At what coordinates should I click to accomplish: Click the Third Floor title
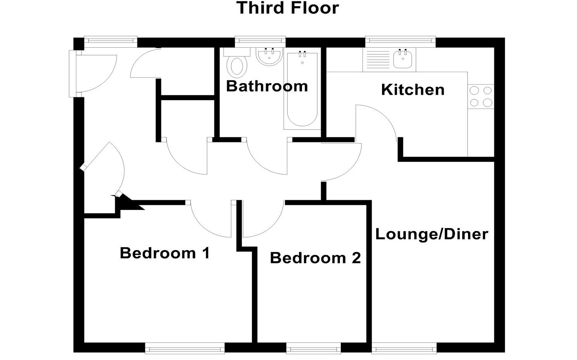click(x=288, y=8)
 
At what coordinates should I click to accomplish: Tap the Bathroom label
click(x=267, y=86)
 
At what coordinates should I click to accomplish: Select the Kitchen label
click(x=413, y=90)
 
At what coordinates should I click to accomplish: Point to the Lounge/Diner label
click(x=432, y=234)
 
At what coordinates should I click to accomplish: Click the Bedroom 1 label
click(x=165, y=253)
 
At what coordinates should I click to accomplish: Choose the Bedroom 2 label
click(x=315, y=258)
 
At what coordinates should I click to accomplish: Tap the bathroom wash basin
click(x=269, y=57)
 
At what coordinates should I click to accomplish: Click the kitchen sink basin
click(x=403, y=60)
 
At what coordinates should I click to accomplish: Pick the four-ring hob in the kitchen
click(x=481, y=97)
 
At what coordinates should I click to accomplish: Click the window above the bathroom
click(x=260, y=40)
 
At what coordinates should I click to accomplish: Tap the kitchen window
click(x=400, y=40)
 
